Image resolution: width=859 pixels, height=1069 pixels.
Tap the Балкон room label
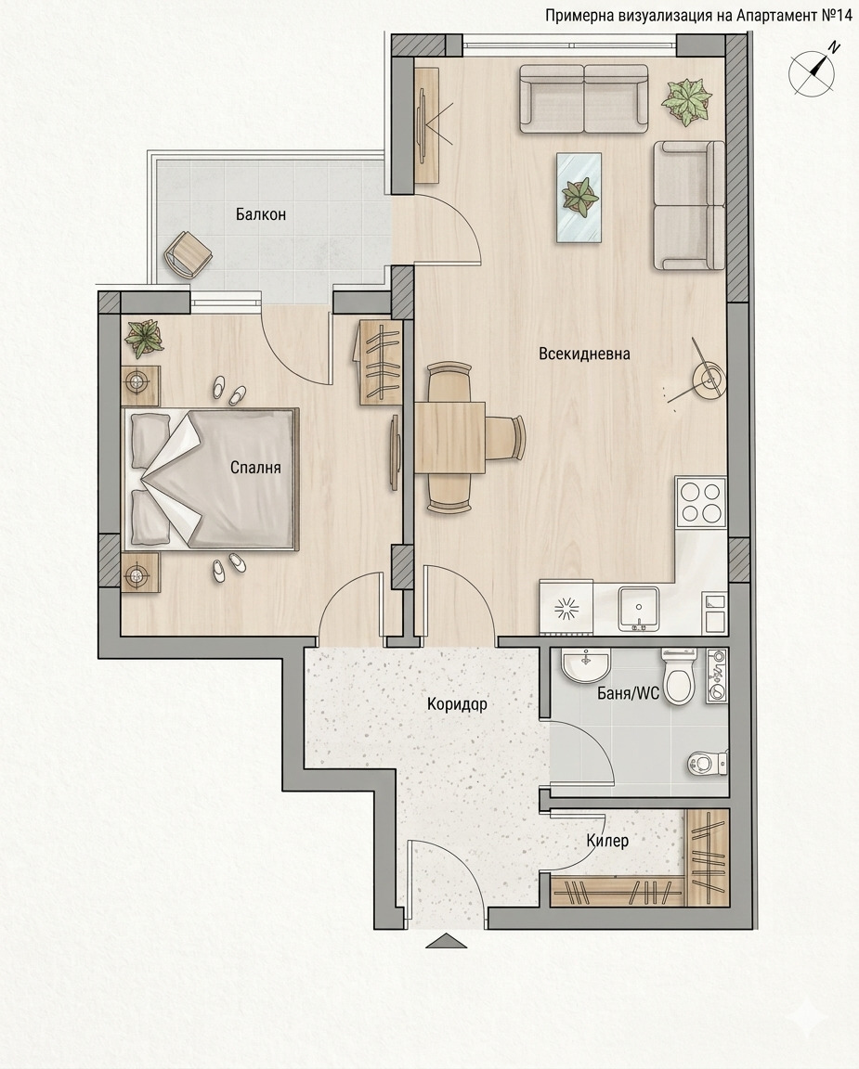click(x=261, y=214)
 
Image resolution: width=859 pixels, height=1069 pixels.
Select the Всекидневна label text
click(x=584, y=354)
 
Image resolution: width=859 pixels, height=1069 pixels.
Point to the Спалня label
click(x=255, y=468)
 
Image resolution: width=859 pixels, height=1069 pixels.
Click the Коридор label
click(x=457, y=703)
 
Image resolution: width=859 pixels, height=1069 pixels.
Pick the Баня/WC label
click(x=629, y=693)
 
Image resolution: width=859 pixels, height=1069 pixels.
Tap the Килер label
click(x=607, y=841)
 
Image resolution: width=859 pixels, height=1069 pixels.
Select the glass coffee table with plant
click(x=579, y=197)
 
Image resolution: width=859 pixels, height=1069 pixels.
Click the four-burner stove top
click(x=701, y=501)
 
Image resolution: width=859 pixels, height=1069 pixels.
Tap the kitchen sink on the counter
click(x=639, y=609)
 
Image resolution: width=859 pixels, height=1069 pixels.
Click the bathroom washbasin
click(x=586, y=664)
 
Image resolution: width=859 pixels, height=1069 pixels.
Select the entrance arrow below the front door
click(x=447, y=941)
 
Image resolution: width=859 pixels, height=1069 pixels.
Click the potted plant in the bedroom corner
click(x=144, y=338)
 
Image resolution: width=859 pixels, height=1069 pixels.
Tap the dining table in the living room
click(x=449, y=437)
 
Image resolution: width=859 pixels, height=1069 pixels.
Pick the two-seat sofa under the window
click(x=583, y=98)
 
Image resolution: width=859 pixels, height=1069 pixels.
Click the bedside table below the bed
click(x=140, y=572)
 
